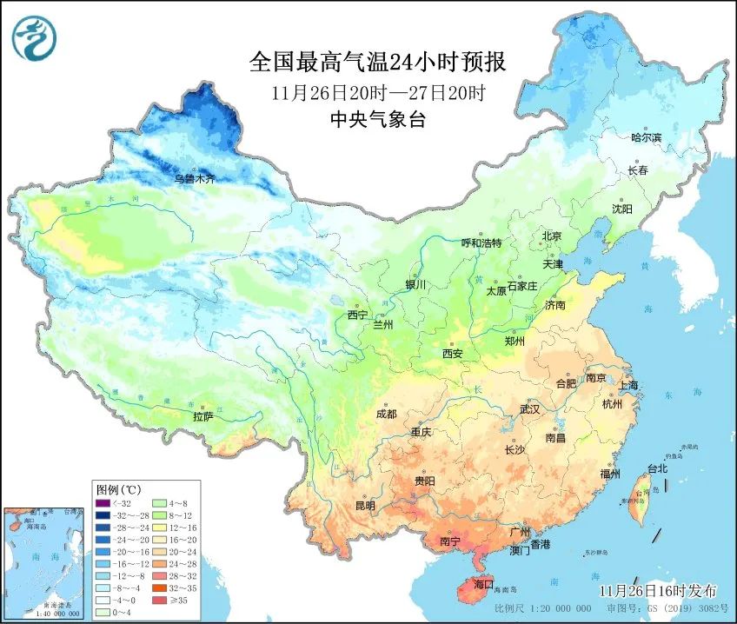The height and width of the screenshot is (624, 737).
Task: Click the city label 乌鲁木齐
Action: click(194, 178)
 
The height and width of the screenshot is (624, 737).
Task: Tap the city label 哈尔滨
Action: click(646, 137)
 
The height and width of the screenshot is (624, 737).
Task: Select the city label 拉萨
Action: click(203, 416)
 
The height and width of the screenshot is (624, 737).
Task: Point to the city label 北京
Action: click(552, 236)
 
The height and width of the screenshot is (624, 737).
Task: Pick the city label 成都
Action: click(387, 414)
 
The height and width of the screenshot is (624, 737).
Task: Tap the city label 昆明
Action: click(365, 505)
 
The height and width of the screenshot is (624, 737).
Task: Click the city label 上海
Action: click(627, 385)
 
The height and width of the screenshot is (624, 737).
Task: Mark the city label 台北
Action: click(657, 468)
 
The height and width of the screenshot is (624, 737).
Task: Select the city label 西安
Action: click(453, 354)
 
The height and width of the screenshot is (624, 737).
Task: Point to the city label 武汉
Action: click(529, 408)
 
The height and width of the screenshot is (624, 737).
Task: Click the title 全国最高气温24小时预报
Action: click(377, 62)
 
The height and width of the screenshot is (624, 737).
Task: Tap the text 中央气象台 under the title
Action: click(378, 121)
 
